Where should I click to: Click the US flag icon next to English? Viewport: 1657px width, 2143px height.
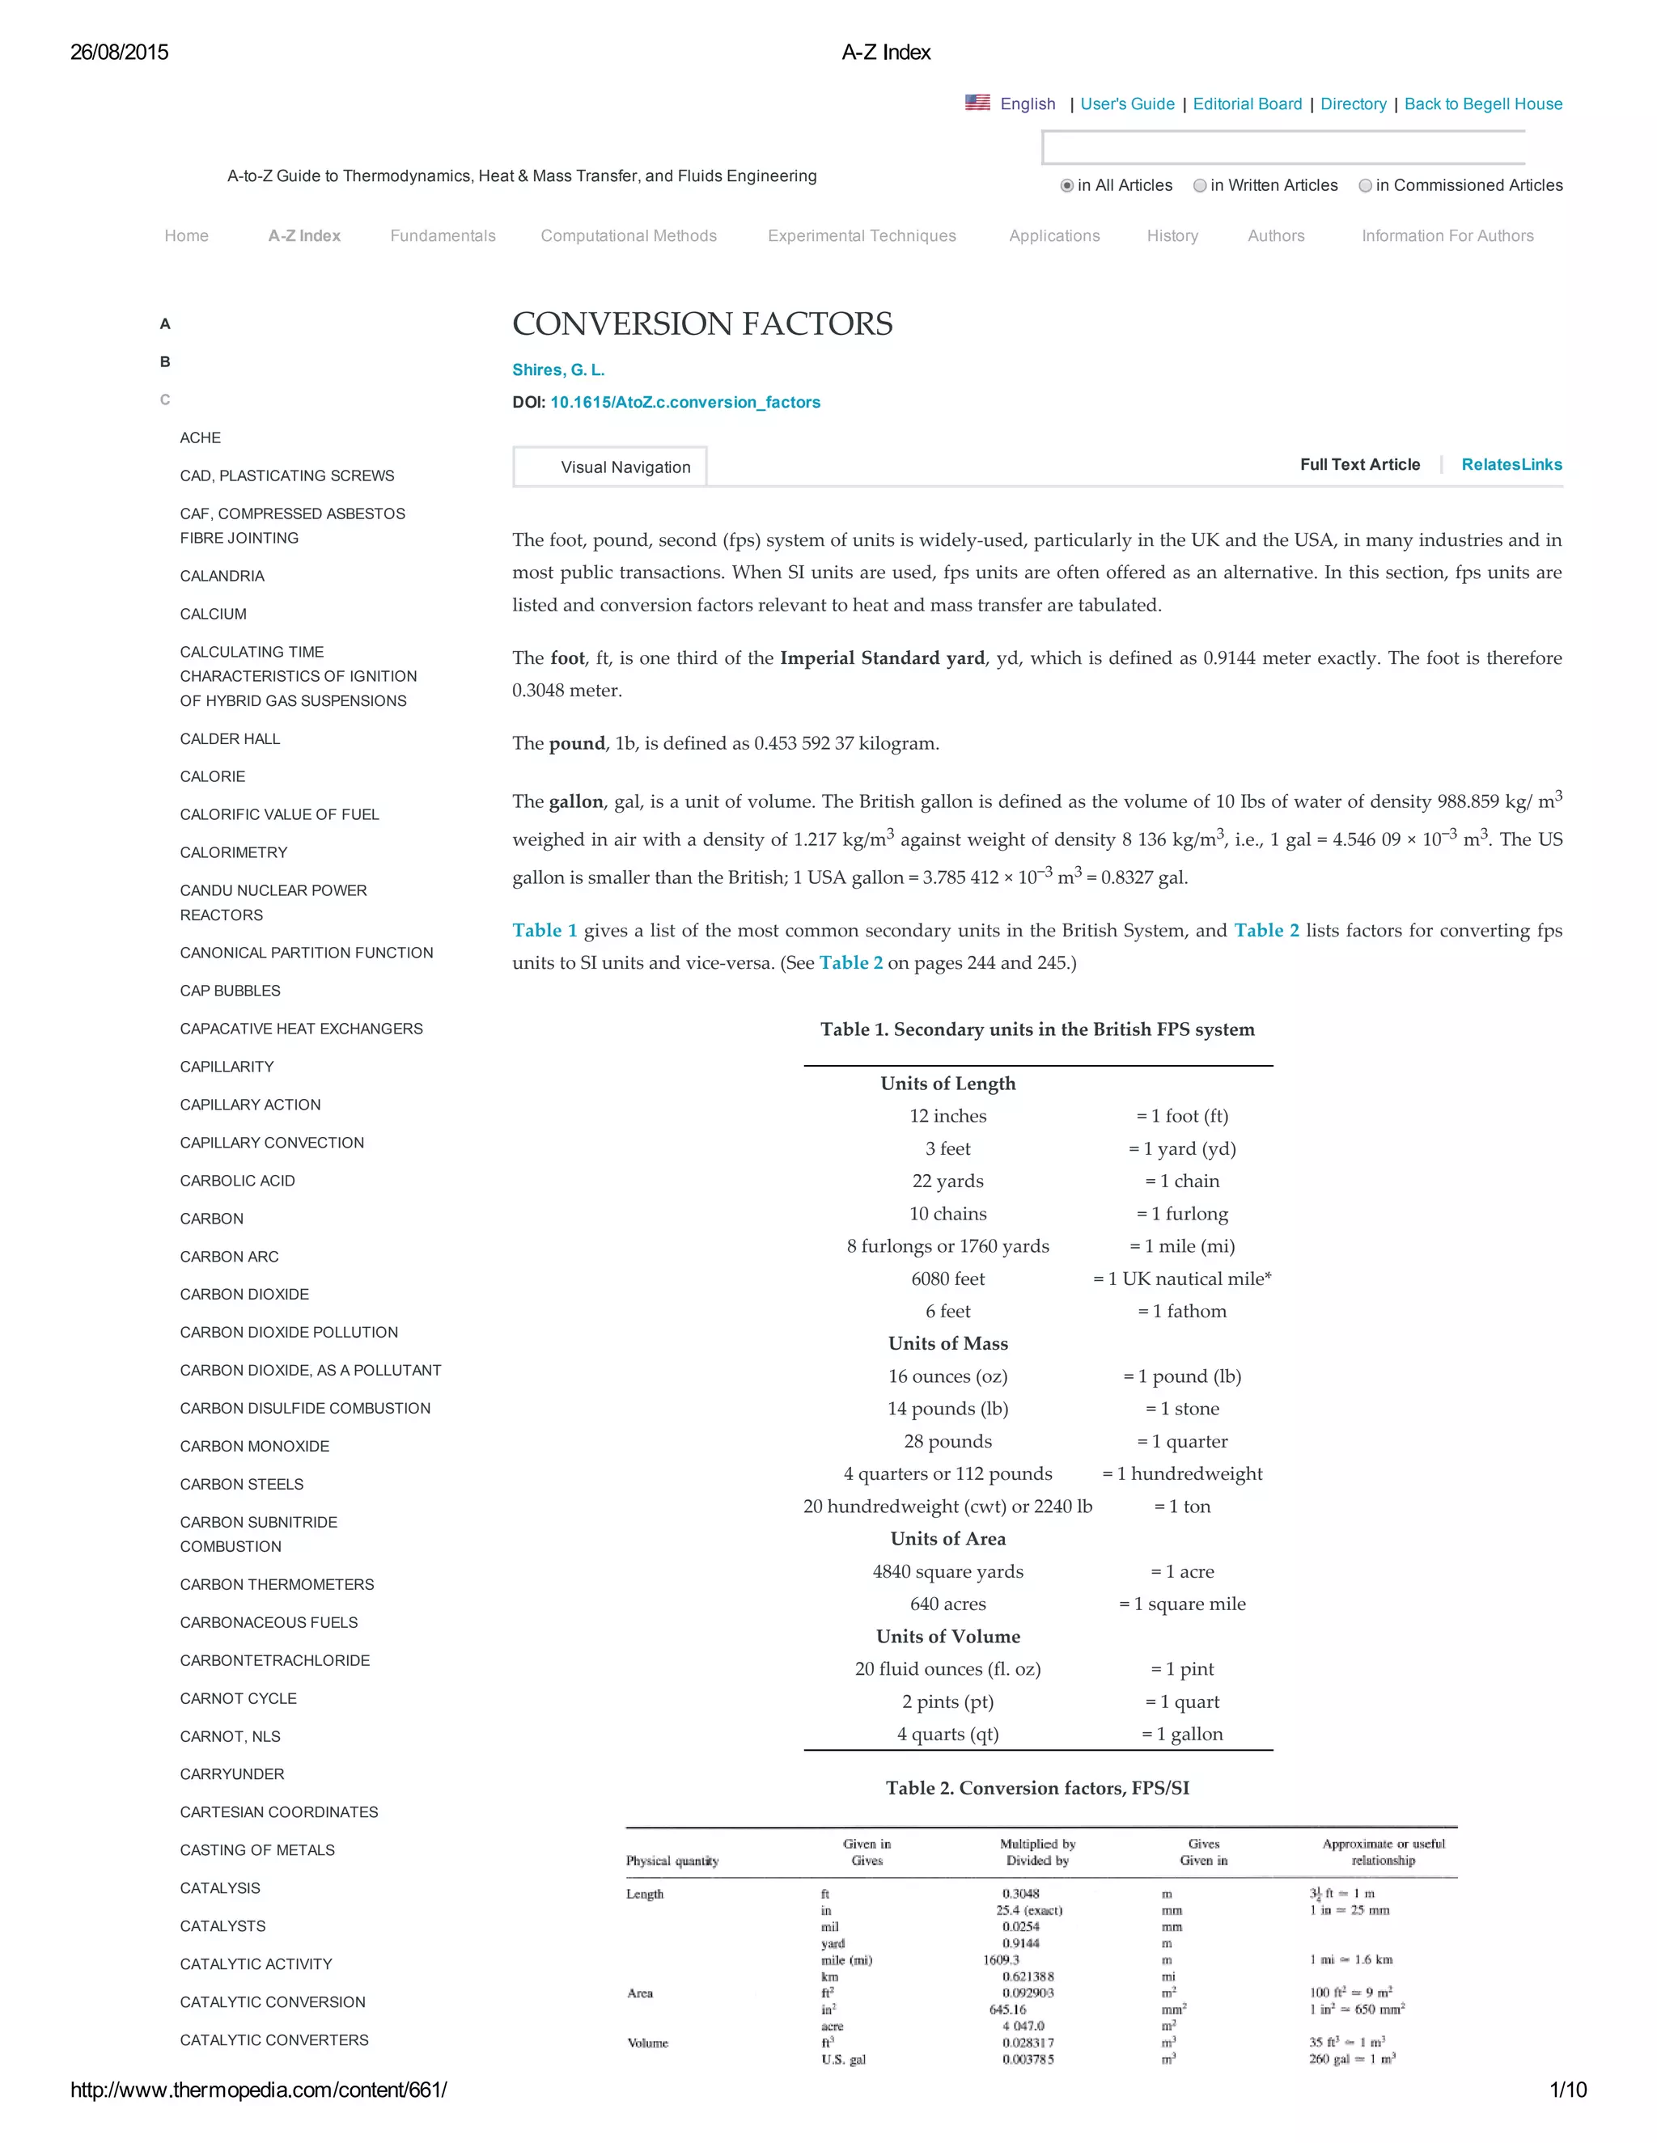tap(977, 102)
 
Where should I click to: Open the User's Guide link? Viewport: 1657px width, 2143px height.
tap(1127, 104)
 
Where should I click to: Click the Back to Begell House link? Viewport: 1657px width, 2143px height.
tap(1482, 104)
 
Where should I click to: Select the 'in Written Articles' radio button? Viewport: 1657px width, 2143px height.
tap(1200, 185)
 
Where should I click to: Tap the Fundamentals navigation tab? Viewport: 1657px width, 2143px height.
tap(443, 235)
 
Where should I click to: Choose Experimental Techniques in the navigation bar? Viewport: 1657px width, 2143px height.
tap(861, 235)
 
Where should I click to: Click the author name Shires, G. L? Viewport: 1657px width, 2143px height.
tap(557, 370)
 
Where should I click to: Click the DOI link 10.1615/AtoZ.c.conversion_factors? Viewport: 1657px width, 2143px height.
tap(684, 402)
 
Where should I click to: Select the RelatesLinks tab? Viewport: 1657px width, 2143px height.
tap(1511, 465)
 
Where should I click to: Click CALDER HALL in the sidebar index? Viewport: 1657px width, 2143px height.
tap(230, 739)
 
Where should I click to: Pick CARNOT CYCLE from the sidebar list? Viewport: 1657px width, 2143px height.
tap(238, 1698)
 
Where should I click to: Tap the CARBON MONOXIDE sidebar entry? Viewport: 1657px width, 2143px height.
tap(254, 1447)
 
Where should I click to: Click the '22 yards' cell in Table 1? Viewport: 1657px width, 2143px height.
tap(947, 1181)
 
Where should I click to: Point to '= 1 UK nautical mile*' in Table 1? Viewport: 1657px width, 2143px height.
tap(1182, 1279)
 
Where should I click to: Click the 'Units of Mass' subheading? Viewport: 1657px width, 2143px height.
tap(947, 1343)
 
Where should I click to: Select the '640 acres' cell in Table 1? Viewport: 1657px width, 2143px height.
tap(947, 1604)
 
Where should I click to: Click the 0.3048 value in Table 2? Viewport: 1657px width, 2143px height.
tap(1021, 1894)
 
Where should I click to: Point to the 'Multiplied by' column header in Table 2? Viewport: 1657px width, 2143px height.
tap(1036, 1844)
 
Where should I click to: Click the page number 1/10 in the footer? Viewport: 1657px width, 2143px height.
tap(1566, 2090)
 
